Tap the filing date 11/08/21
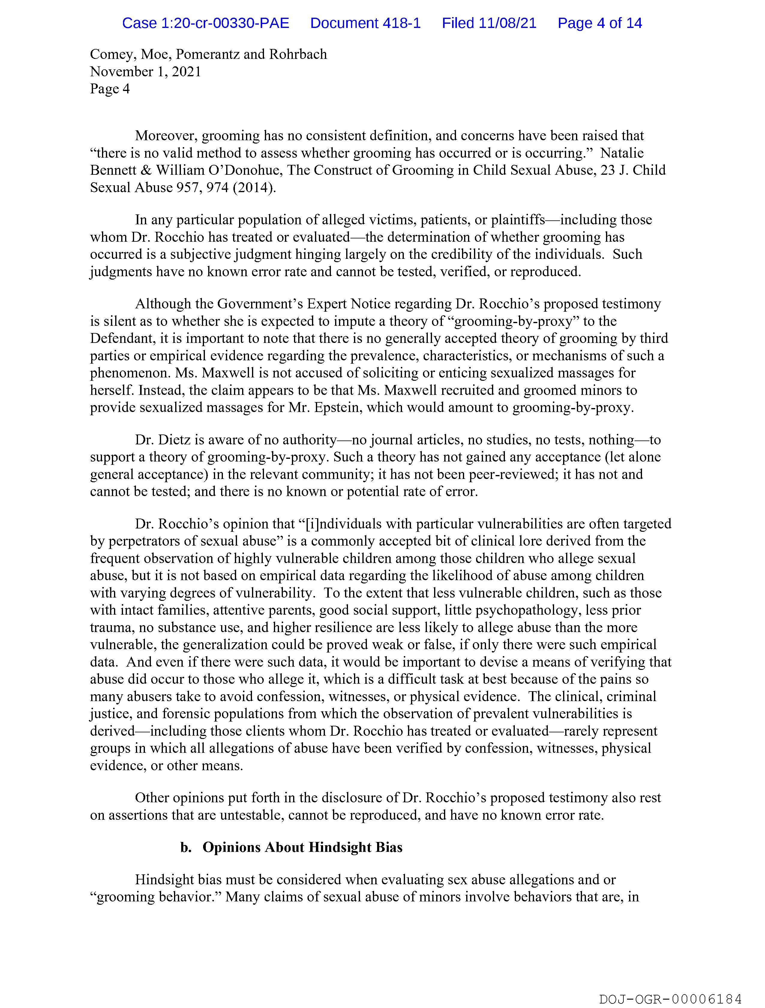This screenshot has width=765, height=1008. (507, 23)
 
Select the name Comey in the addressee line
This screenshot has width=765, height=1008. (112, 54)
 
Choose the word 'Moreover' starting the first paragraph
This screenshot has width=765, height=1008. (166, 136)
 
